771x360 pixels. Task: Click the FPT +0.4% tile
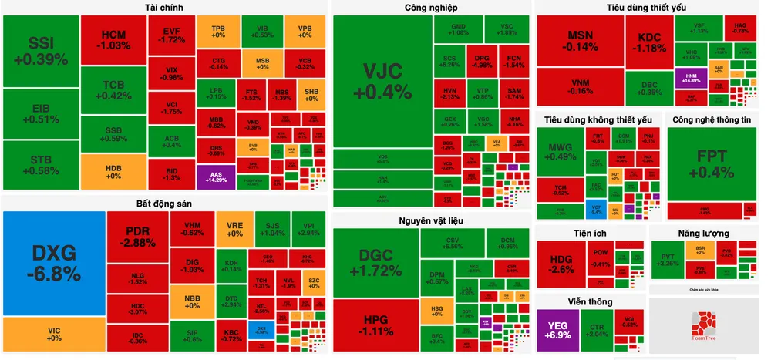(711, 162)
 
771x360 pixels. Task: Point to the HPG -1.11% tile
(376, 326)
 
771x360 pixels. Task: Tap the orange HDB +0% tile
(113, 170)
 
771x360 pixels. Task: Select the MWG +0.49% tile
(561, 151)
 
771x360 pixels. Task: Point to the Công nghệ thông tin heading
(711, 120)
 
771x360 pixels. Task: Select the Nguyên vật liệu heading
(431, 221)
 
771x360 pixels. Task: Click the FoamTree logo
(703, 327)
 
